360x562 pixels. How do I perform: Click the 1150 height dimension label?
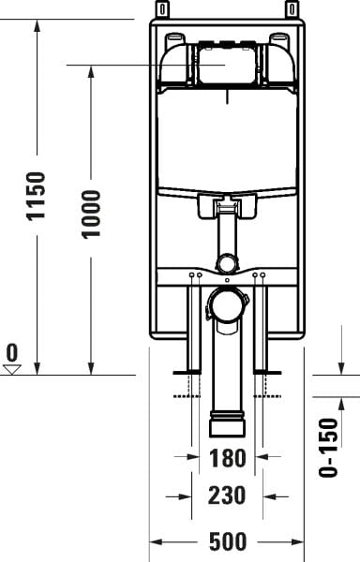point(36,196)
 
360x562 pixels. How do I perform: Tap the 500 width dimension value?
point(227,542)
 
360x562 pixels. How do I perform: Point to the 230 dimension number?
point(227,495)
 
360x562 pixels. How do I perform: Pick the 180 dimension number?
point(227,459)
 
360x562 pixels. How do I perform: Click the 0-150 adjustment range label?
point(327,446)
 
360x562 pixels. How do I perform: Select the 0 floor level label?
point(12,353)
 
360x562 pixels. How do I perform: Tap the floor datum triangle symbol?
point(12,369)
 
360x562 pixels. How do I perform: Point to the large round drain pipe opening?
point(226,304)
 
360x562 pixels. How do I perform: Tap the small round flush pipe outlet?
point(226,263)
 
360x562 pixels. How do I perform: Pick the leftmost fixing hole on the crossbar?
point(190,275)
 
